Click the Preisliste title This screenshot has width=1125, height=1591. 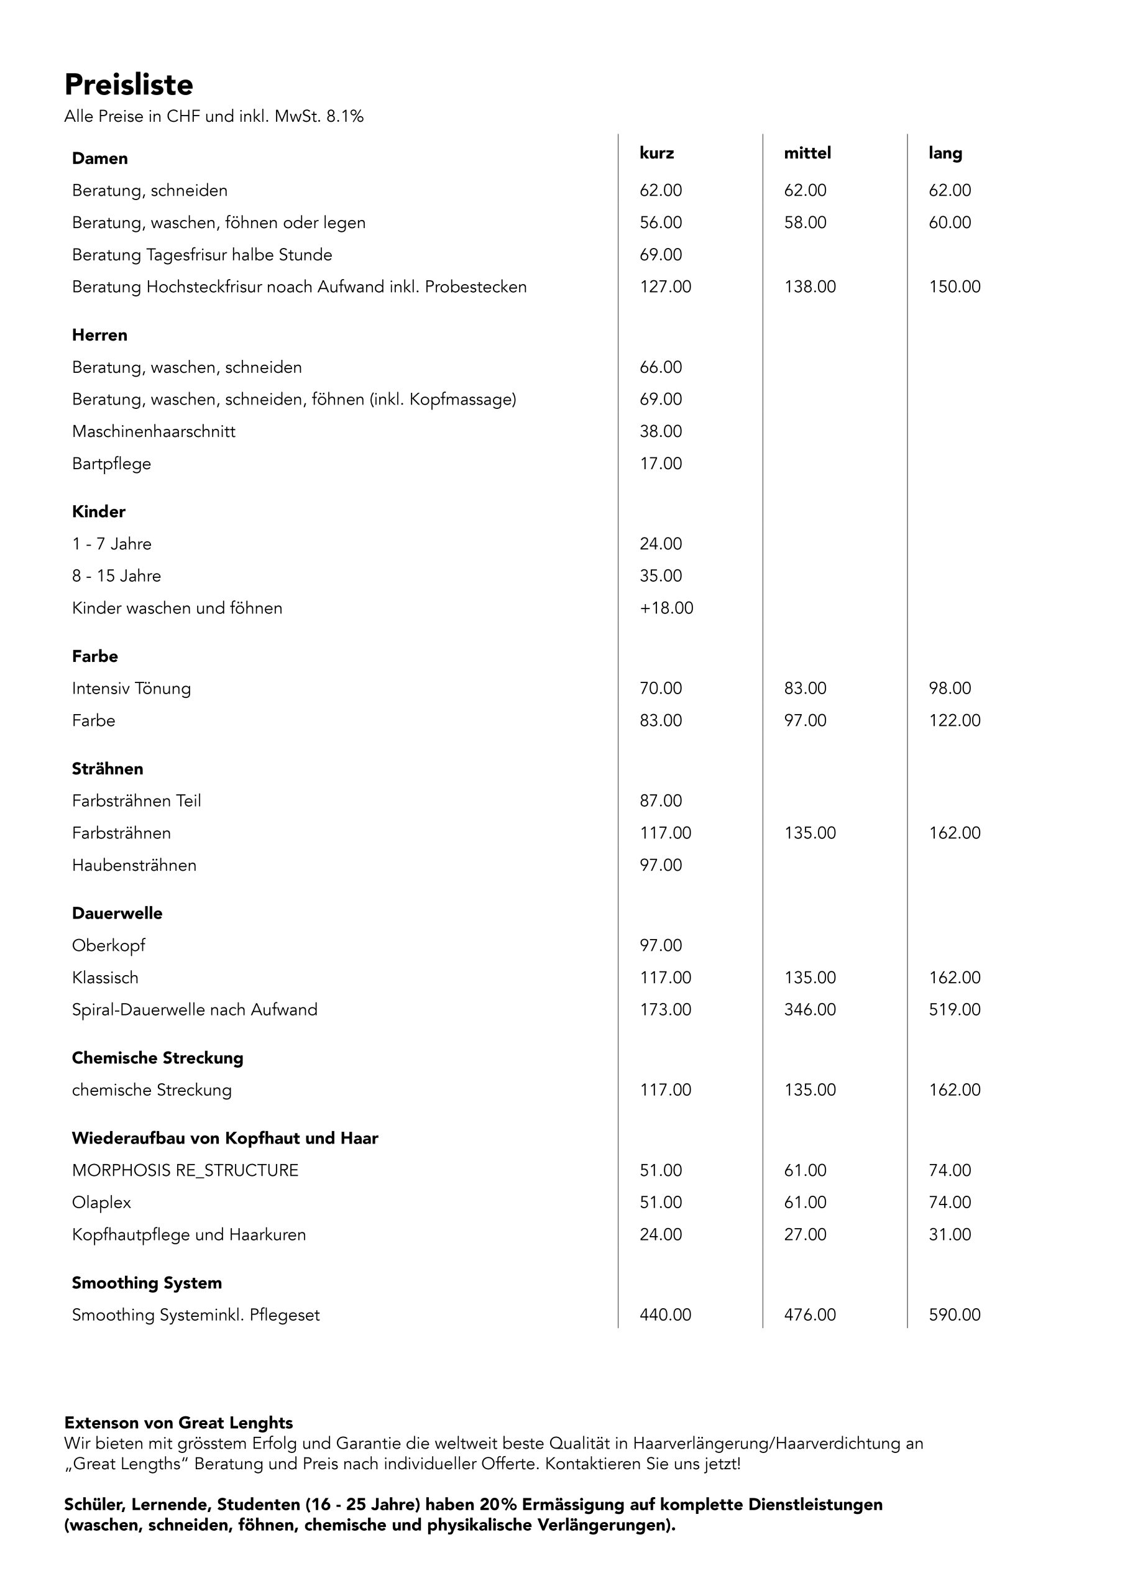coord(128,85)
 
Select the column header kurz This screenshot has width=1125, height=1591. coord(656,153)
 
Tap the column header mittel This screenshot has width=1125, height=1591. coord(807,153)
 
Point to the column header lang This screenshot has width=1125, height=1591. coord(945,153)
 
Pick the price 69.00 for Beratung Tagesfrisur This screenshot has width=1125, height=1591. coord(661,255)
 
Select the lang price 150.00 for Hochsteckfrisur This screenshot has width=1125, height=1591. coord(955,287)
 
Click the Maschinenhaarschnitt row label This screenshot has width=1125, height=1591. coord(153,432)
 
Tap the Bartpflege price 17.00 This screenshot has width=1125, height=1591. coord(661,464)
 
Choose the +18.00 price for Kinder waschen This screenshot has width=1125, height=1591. coord(666,608)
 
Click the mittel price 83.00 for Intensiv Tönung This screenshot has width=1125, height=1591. coord(805,689)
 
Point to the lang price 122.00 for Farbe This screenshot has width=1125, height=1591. coord(955,721)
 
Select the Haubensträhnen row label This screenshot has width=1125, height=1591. coord(134,866)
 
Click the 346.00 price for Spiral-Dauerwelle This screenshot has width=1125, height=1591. coord(810,1010)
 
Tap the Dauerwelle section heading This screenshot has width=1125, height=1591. coord(117,914)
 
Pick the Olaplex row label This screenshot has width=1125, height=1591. coord(101,1203)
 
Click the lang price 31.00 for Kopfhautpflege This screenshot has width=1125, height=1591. coord(950,1235)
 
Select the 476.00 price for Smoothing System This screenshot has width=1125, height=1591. coord(810,1315)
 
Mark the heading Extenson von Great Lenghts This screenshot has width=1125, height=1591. coord(178,1423)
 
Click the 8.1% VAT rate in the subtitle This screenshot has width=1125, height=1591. coord(344,116)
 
